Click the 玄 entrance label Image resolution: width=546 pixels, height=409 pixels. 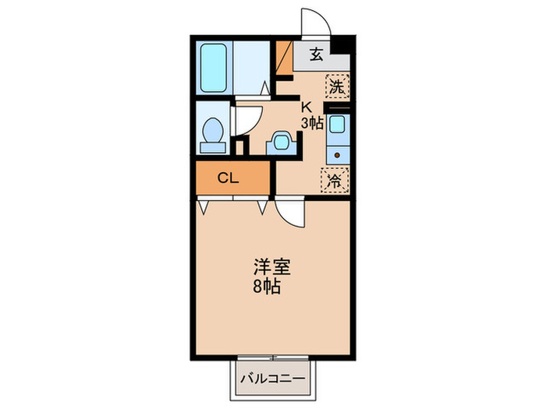pos(317,55)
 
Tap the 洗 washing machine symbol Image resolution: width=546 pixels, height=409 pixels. pos(335,87)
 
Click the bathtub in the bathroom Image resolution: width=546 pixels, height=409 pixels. pos(213,68)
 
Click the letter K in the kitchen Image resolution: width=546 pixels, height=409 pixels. pos(307,108)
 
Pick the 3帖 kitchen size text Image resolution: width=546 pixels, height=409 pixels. pos(312,122)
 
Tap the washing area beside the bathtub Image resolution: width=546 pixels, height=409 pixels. pos(250,68)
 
